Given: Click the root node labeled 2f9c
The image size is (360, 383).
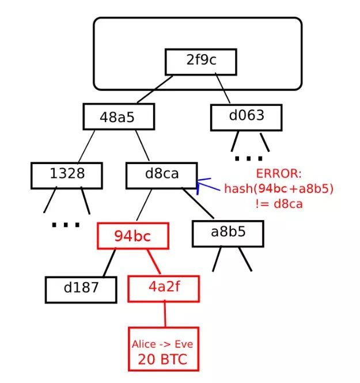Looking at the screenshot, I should click(201, 61).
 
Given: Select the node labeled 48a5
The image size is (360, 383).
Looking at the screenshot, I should click(118, 117).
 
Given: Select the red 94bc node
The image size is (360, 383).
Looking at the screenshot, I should click(133, 235).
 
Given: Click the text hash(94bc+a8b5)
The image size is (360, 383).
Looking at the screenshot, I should click(279, 189).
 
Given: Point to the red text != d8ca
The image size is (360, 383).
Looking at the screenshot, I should click(279, 203).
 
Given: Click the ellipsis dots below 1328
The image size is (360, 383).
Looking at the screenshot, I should click(66, 225).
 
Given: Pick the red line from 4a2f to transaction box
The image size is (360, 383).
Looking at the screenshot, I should click(165, 314).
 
